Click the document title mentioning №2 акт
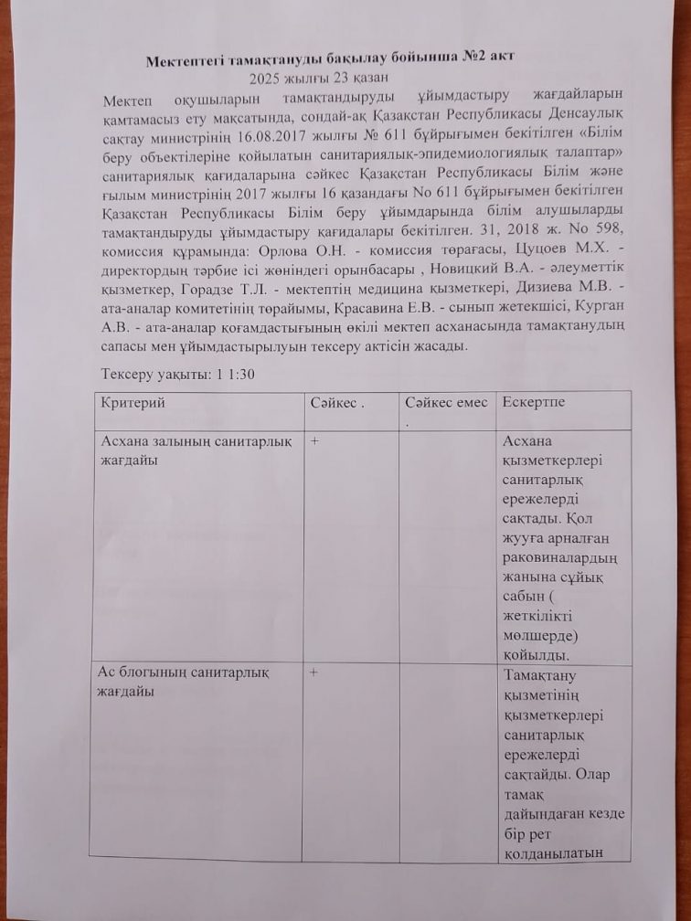(x=332, y=56)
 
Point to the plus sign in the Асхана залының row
(x=314, y=440)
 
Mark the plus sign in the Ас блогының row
(x=314, y=672)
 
